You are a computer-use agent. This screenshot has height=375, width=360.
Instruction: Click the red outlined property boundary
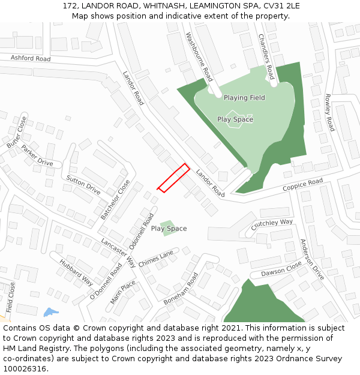[x=173, y=178]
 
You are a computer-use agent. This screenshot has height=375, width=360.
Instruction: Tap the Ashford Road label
[x=31, y=58]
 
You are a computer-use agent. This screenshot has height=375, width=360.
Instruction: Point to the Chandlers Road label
[x=266, y=56]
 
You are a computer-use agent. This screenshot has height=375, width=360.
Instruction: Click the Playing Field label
[x=244, y=97]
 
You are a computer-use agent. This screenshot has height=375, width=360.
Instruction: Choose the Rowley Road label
[x=329, y=113]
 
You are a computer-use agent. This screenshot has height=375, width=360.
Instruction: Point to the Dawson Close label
[x=281, y=269]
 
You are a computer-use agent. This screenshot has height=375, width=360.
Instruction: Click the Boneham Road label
[x=185, y=289]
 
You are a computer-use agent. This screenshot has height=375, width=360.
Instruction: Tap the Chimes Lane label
[x=155, y=259]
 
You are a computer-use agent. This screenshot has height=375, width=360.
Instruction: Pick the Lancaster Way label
[x=118, y=253]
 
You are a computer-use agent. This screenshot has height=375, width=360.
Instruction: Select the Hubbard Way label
[x=76, y=272]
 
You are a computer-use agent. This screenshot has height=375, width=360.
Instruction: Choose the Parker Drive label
[x=37, y=155]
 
